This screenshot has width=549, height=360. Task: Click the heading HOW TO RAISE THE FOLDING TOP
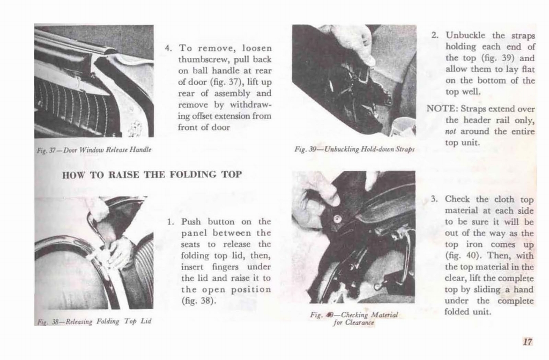(x=152, y=174)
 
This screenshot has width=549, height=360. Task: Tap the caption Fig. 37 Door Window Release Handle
(x=93, y=150)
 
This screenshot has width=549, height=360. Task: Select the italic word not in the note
(x=452, y=132)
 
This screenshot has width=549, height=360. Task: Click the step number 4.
(x=168, y=48)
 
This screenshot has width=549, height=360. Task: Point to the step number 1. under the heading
(x=169, y=221)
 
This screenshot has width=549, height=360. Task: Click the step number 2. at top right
(x=435, y=35)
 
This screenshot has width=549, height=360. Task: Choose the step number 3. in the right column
(x=435, y=199)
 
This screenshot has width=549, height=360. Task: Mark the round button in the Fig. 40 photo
(x=337, y=219)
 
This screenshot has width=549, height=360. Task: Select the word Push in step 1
(x=192, y=221)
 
